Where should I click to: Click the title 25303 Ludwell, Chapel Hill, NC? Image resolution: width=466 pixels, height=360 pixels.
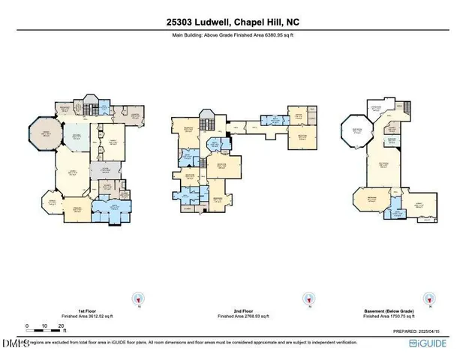pyautogui.click(x=233, y=22)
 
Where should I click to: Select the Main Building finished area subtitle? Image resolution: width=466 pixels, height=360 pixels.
pyautogui.click(x=233, y=35)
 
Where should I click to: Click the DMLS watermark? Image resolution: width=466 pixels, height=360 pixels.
pyautogui.click(x=15, y=343)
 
